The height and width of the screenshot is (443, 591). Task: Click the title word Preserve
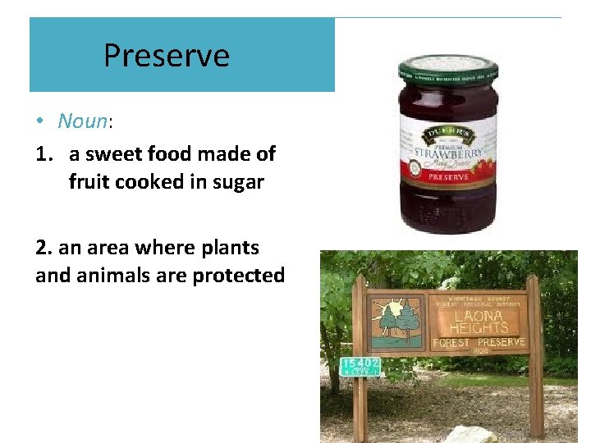pyautogui.click(x=167, y=56)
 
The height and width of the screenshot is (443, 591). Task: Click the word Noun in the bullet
pyautogui.click(x=82, y=121)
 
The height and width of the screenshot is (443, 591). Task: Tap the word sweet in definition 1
pyautogui.click(x=112, y=154)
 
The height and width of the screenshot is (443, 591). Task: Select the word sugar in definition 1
pyautogui.click(x=237, y=182)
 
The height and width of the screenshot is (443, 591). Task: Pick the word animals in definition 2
pyautogui.click(x=115, y=276)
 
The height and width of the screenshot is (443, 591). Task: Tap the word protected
pyautogui.click(x=238, y=276)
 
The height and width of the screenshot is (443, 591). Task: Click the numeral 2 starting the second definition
pyautogui.click(x=41, y=248)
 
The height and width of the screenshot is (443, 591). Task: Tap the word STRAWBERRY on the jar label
pyautogui.click(x=448, y=153)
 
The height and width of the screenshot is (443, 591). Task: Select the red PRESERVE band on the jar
pyautogui.click(x=448, y=176)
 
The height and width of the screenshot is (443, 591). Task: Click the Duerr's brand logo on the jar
pyautogui.click(x=447, y=135)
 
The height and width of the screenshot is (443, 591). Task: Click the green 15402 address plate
pyautogui.click(x=360, y=367)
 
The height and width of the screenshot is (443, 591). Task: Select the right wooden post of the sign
pyautogui.click(x=534, y=353)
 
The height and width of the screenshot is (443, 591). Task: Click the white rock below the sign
pyautogui.click(x=474, y=433)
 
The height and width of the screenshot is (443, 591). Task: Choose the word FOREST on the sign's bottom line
pyautogui.click(x=454, y=342)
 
